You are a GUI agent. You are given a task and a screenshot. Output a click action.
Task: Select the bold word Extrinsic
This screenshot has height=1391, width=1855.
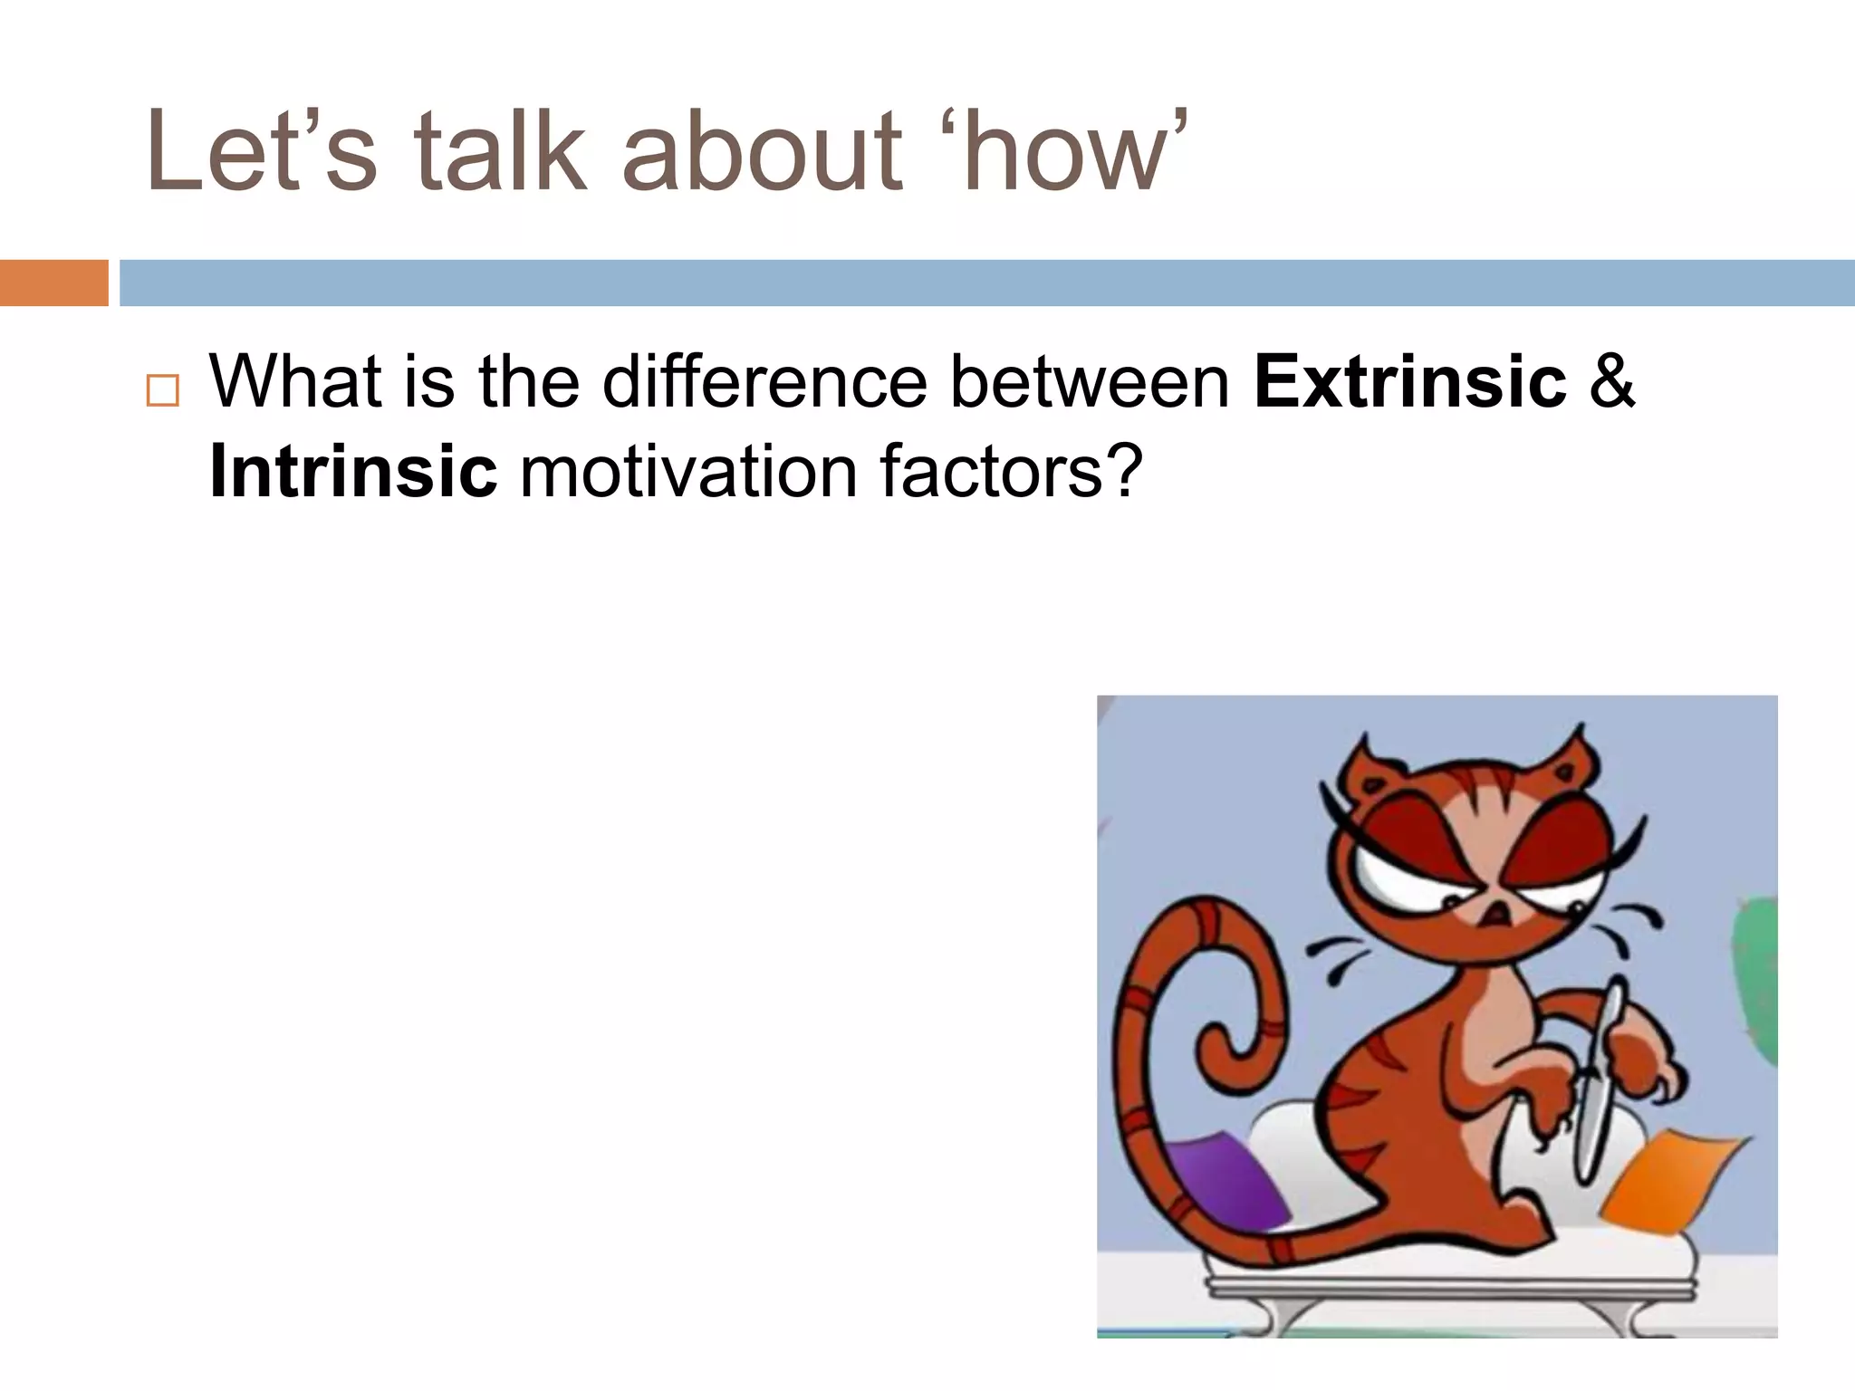point(1409,381)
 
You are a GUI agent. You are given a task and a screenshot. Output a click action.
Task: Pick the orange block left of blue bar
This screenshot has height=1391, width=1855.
point(53,283)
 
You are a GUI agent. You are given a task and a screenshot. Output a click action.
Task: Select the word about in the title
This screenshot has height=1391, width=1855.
point(761,152)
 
